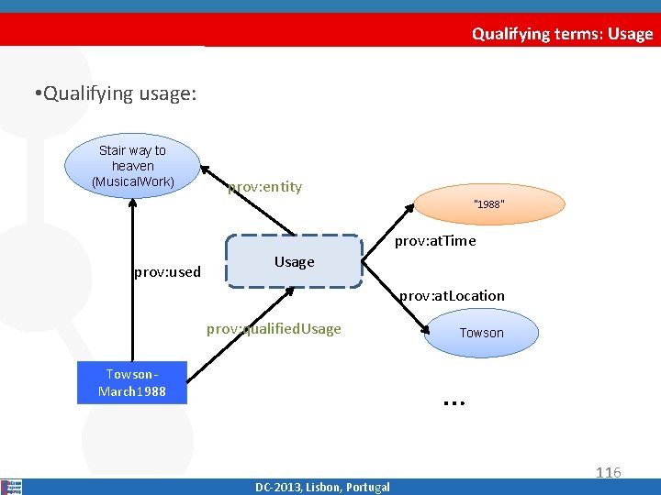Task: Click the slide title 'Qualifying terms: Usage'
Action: point(562,34)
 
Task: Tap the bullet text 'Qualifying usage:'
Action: point(113,93)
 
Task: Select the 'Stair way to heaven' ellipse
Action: point(132,166)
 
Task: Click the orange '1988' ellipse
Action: point(488,204)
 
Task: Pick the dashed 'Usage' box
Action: point(294,261)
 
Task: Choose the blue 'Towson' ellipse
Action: point(481,333)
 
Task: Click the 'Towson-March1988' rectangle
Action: point(132,382)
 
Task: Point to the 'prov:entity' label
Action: point(264,187)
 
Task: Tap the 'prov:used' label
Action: point(167,272)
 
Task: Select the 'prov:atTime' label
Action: point(435,241)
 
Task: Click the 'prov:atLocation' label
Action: point(452,295)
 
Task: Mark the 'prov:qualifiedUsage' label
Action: point(274,328)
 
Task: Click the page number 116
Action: point(608,472)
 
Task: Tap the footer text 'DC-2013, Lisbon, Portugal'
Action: point(322,487)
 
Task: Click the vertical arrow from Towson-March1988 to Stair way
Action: point(132,275)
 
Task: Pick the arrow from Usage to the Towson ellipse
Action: point(396,302)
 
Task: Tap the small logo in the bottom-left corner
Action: point(12,487)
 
